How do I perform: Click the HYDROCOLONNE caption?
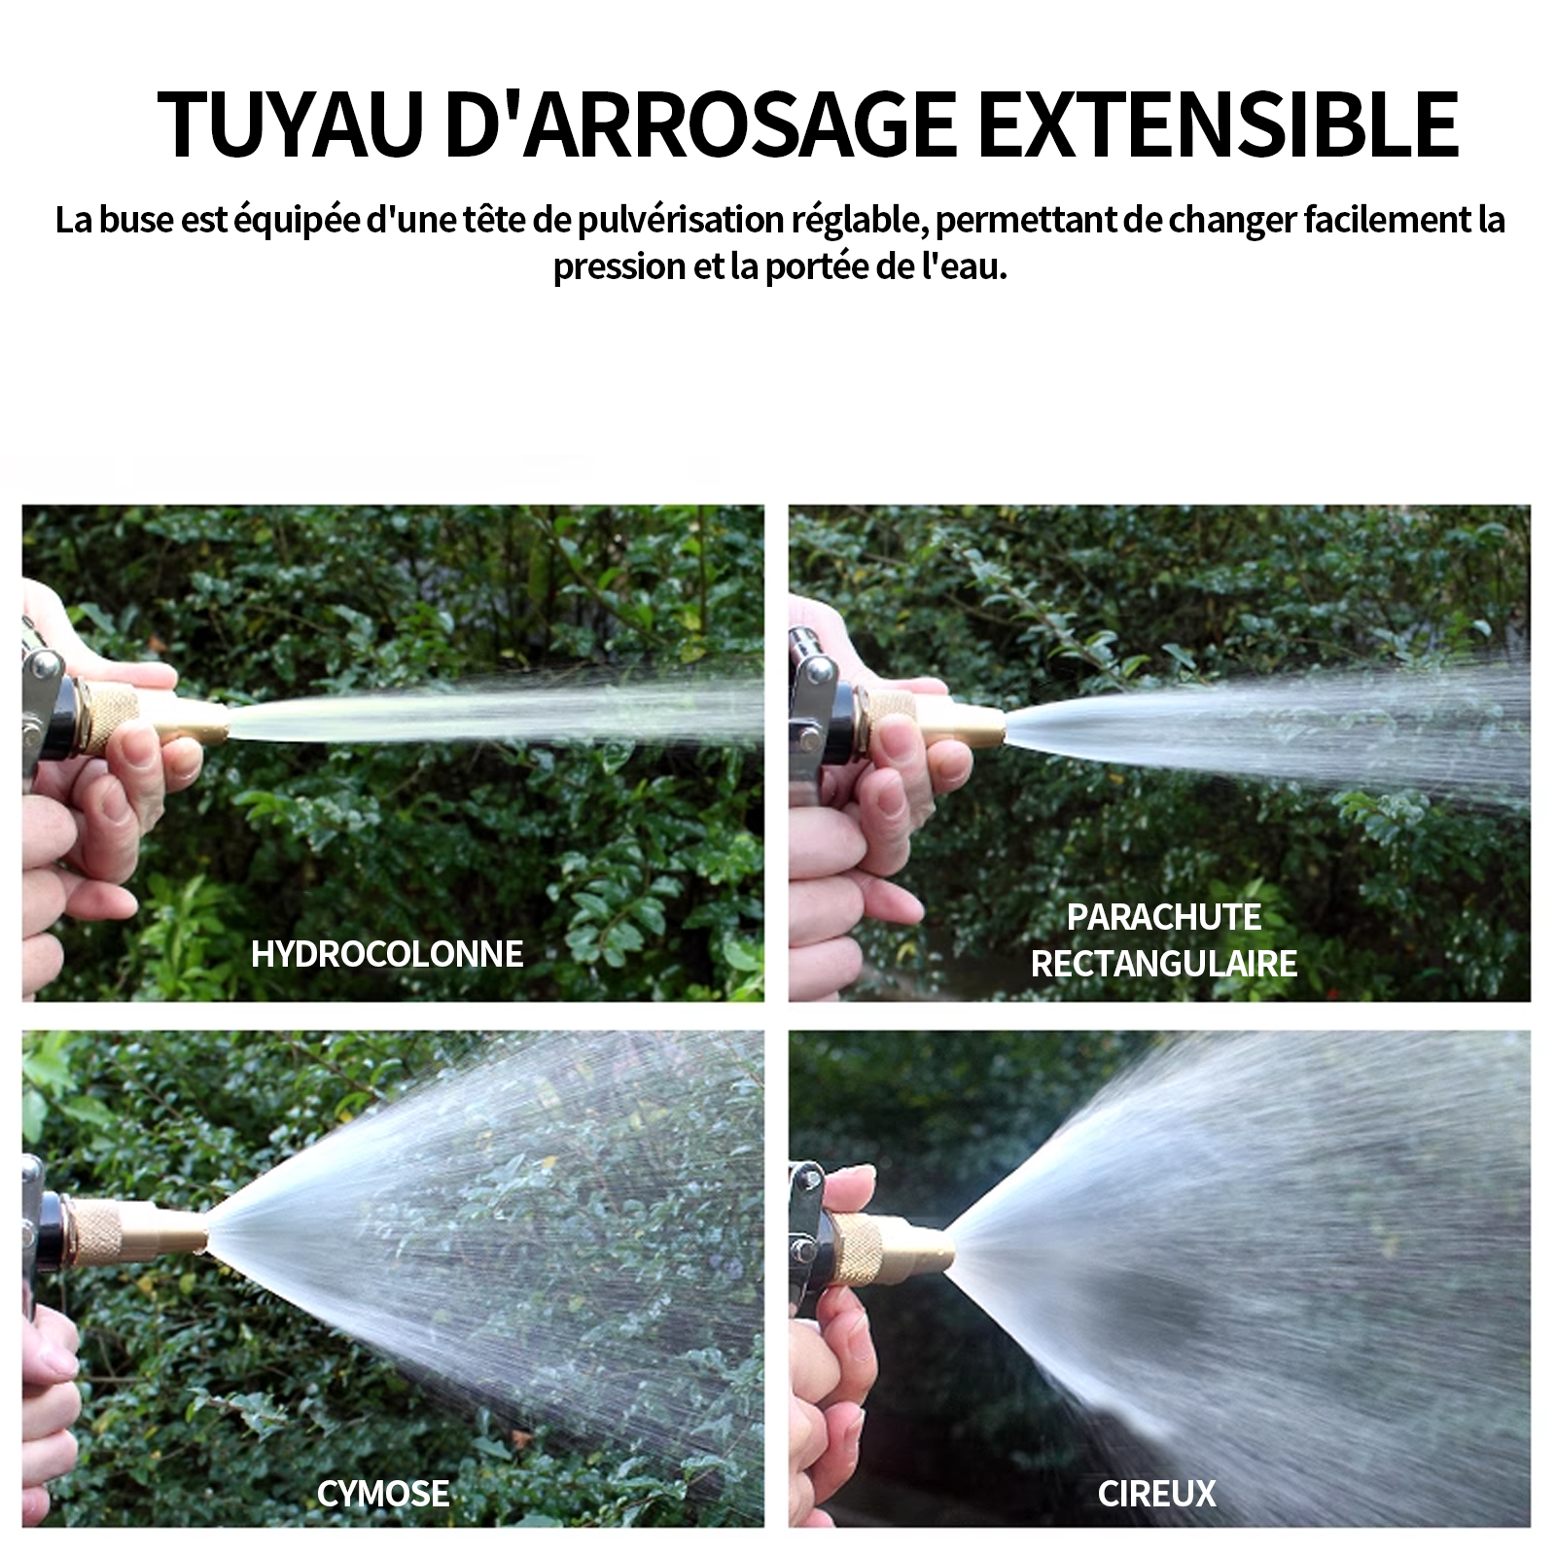(x=387, y=954)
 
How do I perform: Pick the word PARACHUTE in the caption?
(x=1164, y=917)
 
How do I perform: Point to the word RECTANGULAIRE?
(x=1164, y=964)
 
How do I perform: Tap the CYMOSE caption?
(x=383, y=1494)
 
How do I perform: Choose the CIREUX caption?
(x=1157, y=1494)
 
